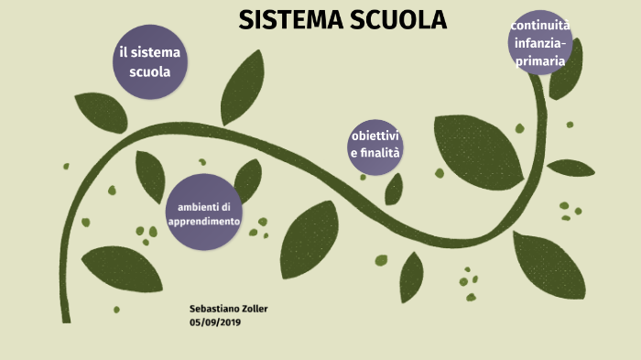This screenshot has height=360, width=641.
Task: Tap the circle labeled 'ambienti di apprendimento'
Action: click(x=203, y=213)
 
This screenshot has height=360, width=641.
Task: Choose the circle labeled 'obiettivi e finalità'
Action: click(x=375, y=147)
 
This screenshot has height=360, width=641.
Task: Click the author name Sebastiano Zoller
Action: click(x=228, y=309)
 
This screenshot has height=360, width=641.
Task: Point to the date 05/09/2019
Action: click(x=216, y=322)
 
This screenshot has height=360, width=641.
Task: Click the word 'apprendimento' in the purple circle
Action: click(x=204, y=222)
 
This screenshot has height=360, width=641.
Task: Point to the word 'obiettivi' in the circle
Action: click(x=375, y=136)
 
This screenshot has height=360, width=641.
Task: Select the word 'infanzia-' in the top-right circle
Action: click(x=540, y=43)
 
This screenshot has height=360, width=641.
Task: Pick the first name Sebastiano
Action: click(x=213, y=309)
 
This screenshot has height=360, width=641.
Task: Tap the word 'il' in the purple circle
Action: click(x=124, y=52)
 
